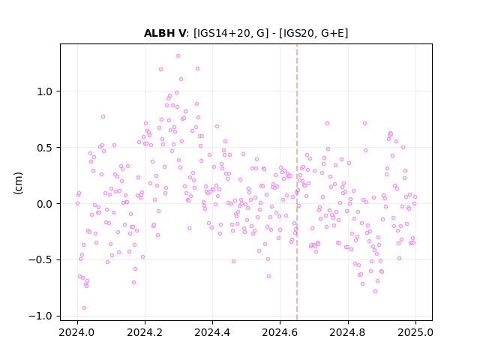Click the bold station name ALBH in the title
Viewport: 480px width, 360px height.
159,33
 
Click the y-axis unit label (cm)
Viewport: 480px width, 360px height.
18,183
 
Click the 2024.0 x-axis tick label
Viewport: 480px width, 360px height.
77,332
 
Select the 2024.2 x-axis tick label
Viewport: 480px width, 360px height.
145,332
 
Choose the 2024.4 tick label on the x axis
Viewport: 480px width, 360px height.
212,332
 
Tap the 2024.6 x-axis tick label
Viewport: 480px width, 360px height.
280,332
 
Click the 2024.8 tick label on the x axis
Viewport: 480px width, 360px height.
347,332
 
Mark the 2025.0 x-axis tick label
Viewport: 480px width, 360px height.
415,332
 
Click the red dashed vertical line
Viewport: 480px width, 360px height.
297,182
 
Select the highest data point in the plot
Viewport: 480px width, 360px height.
178,55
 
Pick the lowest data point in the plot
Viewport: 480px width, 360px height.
84,307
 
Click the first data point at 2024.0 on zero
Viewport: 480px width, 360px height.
77,203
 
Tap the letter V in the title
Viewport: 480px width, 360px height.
182,33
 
